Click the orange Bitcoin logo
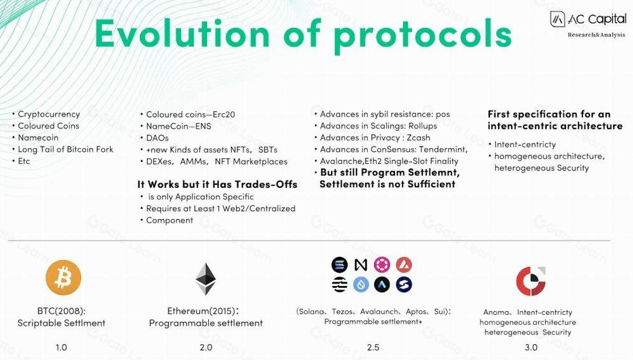(x=63, y=278)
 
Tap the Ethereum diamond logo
(x=206, y=279)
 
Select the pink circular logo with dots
(x=382, y=264)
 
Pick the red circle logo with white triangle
(x=404, y=264)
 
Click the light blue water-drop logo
(x=361, y=285)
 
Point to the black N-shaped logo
(x=361, y=264)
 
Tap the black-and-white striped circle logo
(x=339, y=285)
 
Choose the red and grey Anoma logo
(x=530, y=281)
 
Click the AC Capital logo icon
(x=558, y=19)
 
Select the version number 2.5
(x=373, y=347)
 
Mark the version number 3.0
(x=531, y=347)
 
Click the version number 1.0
(x=61, y=347)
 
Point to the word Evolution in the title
(x=182, y=34)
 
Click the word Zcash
(x=418, y=138)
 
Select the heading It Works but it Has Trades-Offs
(x=217, y=185)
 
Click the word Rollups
(x=423, y=126)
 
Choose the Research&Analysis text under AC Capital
(x=596, y=35)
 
